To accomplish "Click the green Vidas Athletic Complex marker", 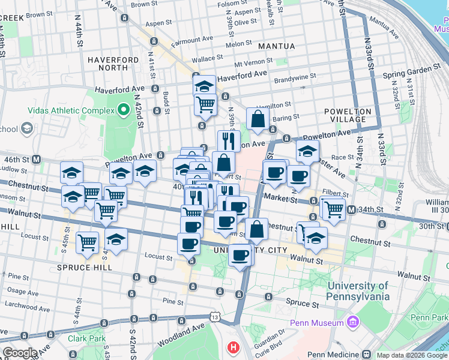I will pyautogui.click(x=124, y=110).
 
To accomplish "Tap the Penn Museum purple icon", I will pyautogui.click(x=353, y=323).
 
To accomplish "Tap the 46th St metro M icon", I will pyautogui.click(x=37, y=160).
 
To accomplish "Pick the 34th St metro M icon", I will pyautogui.click(x=351, y=209).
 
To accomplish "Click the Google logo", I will pyautogui.click(x=20, y=353).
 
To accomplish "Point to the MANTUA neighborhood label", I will pyautogui.click(x=277, y=46).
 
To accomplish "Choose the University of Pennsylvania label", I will pyautogui.click(x=358, y=291).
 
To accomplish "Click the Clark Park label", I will pyautogui.click(x=86, y=338).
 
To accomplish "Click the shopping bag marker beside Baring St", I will pyautogui.click(x=258, y=119).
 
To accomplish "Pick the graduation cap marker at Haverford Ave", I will pyautogui.click(x=204, y=85).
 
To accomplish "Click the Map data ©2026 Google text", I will pyautogui.click(x=411, y=355).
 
